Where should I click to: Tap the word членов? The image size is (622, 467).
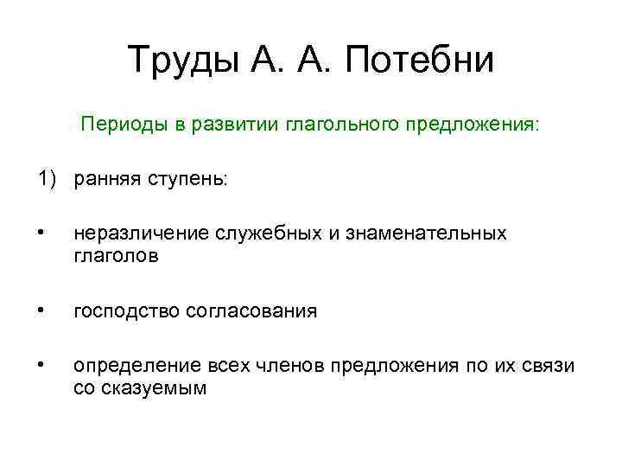(291, 366)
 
